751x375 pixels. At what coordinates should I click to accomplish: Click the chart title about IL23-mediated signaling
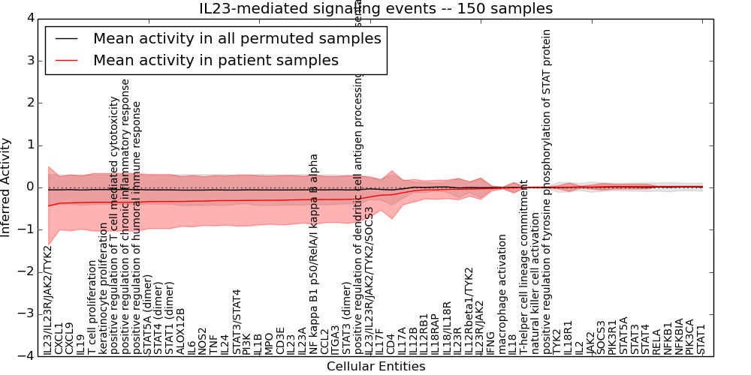(x=375, y=9)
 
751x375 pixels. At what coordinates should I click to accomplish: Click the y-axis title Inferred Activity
(x=7, y=187)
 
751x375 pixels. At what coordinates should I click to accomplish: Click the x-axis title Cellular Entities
(x=375, y=367)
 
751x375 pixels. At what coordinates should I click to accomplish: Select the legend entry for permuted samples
(x=237, y=38)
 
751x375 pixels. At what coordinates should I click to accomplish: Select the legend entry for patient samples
(x=216, y=60)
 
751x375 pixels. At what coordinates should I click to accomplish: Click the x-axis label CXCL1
(x=59, y=338)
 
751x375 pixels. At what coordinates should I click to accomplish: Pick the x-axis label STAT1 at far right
(x=701, y=339)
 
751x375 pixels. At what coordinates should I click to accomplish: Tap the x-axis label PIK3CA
(x=690, y=335)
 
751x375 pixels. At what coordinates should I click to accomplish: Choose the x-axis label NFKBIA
(x=679, y=336)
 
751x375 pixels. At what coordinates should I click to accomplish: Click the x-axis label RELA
(x=657, y=340)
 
